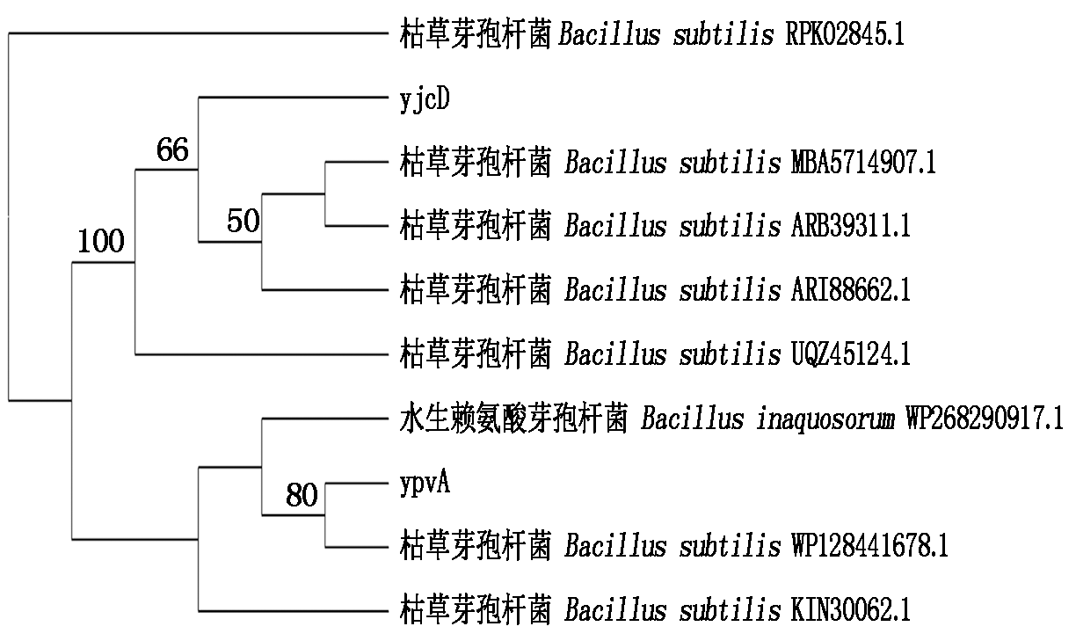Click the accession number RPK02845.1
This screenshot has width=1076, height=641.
tap(844, 36)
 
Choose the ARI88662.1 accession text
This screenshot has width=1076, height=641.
tap(847, 290)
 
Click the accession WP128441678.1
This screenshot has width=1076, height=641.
tap(866, 547)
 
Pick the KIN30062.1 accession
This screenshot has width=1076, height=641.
tap(845, 610)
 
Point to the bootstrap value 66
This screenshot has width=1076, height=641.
tap(172, 151)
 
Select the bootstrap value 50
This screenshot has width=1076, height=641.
tap(243, 221)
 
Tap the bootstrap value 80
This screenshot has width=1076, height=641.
tap(301, 497)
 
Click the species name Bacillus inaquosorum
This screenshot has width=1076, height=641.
tap(761, 419)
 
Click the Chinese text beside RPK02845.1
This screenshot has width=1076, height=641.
tap(476, 36)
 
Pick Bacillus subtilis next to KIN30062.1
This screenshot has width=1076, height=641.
tap(673, 610)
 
